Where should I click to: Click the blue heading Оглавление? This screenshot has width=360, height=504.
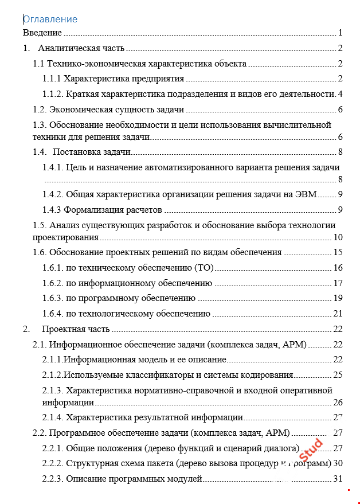tap(50, 19)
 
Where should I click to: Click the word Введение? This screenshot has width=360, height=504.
tap(42, 33)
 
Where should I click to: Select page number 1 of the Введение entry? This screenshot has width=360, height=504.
tap(340, 33)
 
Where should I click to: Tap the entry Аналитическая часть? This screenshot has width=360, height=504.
tap(81, 48)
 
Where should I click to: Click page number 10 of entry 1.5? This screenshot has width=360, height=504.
tap(338, 237)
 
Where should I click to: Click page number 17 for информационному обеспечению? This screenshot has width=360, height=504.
tap(338, 283)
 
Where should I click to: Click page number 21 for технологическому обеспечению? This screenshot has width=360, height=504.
tap(338, 313)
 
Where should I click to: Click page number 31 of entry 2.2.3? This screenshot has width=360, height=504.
tap(338, 478)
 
